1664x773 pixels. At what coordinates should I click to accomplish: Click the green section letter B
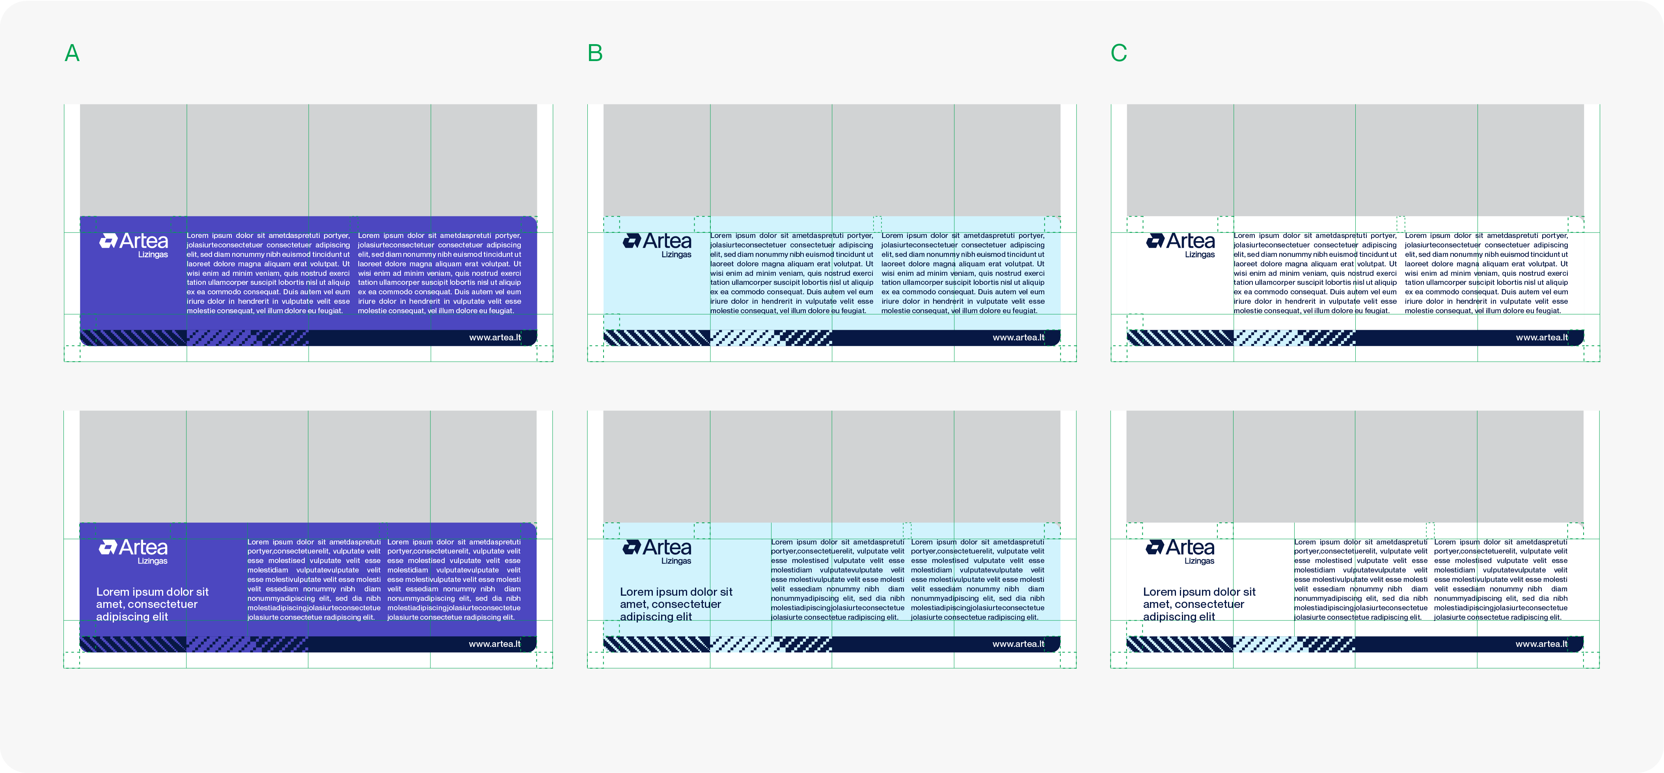595,53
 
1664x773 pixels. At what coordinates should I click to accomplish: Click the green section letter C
1119,53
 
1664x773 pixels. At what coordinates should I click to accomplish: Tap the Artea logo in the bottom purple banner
133,552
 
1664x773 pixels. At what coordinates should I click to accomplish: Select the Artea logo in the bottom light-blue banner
656,552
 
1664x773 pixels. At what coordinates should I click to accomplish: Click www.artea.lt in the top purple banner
495,338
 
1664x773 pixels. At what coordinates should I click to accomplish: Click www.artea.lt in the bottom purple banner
494,644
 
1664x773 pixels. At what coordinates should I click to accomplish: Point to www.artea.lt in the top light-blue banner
1018,338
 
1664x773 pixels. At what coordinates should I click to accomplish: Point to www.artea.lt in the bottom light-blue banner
1018,644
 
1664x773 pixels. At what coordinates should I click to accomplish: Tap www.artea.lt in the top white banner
1541,338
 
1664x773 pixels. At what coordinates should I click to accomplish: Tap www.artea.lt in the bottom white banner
1541,644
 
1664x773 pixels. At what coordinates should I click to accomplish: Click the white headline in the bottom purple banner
153,604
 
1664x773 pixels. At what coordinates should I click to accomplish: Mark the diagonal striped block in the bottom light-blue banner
657,644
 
